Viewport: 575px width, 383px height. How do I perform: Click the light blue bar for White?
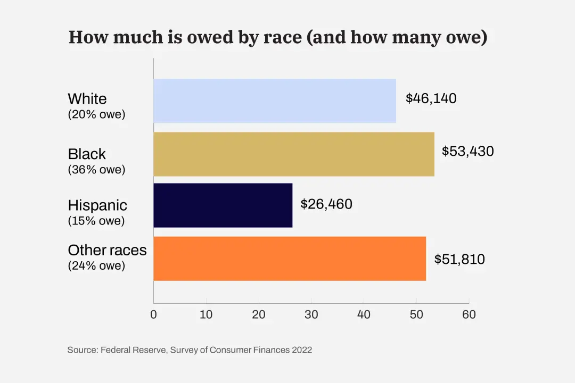coord(275,101)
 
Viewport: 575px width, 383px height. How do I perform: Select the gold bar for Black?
coord(294,154)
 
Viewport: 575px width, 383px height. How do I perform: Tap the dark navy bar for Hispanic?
coord(223,205)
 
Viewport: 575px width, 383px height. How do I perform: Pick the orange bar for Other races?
coord(290,259)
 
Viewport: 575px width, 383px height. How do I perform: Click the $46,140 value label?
coord(431,98)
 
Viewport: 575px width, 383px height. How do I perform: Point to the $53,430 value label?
coord(468,151)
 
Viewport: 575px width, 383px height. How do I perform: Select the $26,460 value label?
coord(326,204)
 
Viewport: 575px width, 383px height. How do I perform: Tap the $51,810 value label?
coord(459,259)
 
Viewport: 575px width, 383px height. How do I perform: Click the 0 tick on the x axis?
coord(154,314)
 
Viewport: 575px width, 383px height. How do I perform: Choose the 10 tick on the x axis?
coord(206,314)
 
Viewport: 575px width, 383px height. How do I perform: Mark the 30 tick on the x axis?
coord(311,314)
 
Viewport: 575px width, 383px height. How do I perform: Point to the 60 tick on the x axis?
coord(469,314)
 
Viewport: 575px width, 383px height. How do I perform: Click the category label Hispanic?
coord(97,205)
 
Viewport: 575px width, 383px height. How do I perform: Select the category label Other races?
coord(107,250)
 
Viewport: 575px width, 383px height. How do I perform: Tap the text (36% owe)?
coord(96,170)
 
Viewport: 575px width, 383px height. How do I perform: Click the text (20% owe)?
coord(96,114)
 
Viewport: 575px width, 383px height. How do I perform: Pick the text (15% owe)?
coord(96,221)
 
